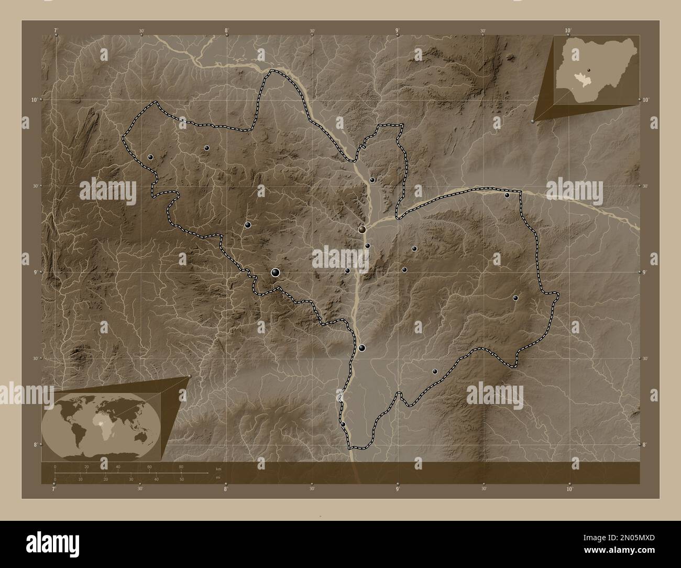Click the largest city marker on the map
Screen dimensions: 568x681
[276, 272]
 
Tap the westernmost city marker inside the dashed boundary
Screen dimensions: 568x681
[151, 157]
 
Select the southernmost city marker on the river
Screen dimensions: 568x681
[343, 424]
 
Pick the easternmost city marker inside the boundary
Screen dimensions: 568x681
[515, 298]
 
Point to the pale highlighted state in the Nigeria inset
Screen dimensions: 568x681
[581, 79]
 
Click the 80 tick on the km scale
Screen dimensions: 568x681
[181, 466]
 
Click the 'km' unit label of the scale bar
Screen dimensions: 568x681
[218, 468]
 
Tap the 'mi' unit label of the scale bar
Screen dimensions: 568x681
[217, 477]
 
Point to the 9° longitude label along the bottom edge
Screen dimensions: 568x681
[398, 489]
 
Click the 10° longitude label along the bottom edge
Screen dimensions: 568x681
[569, 489]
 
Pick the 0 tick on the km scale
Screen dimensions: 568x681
[55, 466]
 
